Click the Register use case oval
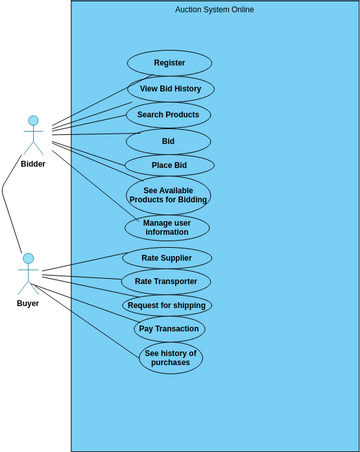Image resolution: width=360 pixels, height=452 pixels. (169, 63)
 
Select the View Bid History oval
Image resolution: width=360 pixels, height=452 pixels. (170, 89)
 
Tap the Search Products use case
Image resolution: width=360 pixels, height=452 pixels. (168, 115)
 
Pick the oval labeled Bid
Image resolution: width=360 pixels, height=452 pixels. (168, 141)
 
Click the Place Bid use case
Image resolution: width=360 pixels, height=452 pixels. (169, 165)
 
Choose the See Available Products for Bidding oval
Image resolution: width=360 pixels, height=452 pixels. (168, 195)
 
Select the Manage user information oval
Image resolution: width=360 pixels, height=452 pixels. (167, 227)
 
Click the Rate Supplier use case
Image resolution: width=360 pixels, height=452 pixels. (167, 258)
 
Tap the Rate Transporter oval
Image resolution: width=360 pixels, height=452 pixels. (166, 281)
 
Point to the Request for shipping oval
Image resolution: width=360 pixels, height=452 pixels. (167, 305)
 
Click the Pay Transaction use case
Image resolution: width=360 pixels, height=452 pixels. (170, 329)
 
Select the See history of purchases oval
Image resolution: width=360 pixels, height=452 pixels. (171, 358)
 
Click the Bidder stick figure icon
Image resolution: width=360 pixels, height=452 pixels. (33, 136)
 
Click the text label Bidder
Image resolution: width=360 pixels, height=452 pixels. (33, 164)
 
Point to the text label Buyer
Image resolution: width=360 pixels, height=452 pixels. (28, 303)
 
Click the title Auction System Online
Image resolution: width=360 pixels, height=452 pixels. (214, 10)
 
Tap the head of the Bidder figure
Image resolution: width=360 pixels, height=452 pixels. (33, 121)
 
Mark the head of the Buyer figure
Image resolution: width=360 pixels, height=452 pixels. (28, 259)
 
